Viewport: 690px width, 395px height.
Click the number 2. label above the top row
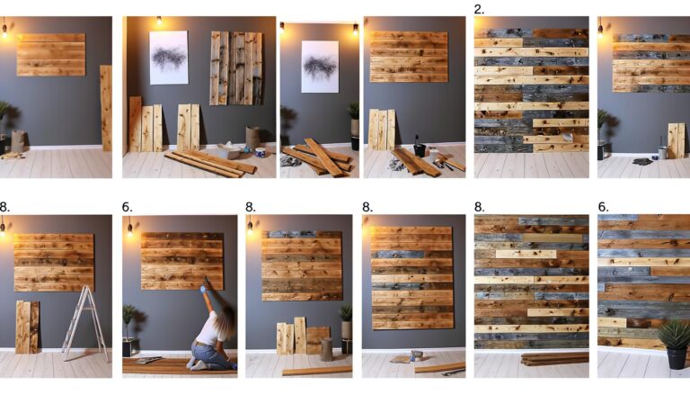tap(479, 9)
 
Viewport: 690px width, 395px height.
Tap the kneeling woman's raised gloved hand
tap(204, 285)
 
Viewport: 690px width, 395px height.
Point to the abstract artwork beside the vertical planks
tap(168, 58)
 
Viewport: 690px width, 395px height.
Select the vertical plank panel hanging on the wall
tap(236, 67)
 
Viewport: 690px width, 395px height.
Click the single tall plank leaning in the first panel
tap(106, 107)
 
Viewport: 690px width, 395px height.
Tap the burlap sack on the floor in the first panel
tap(18, 140)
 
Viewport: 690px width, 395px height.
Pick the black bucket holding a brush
tap(419, 148)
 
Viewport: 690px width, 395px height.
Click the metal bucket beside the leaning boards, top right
tap(662, 152)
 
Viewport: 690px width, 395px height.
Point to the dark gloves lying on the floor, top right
tap(641, 161)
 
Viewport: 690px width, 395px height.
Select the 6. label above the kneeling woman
tap(127, 207)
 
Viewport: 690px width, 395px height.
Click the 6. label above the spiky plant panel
tap(603, 207)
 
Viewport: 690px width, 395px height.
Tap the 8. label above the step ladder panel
tap(5, 207)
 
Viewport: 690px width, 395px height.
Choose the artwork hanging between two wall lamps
tap(320, 67)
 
